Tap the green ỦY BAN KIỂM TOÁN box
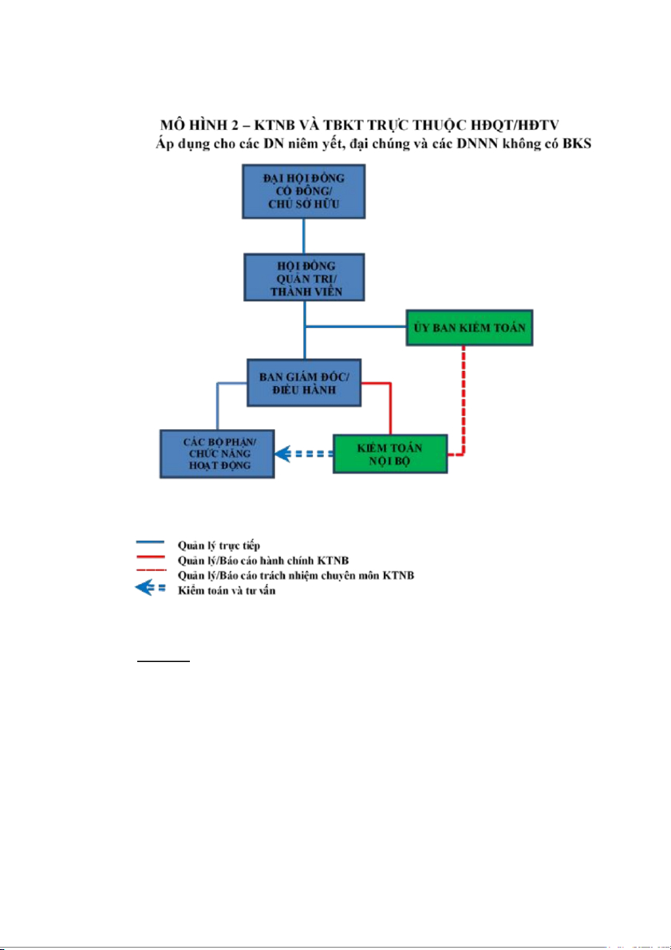tap(469, 327)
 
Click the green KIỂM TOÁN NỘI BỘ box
tap(390, 455)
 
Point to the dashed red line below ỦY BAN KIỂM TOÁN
tap(464, 399)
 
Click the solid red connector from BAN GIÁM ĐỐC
tap(389, 407)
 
